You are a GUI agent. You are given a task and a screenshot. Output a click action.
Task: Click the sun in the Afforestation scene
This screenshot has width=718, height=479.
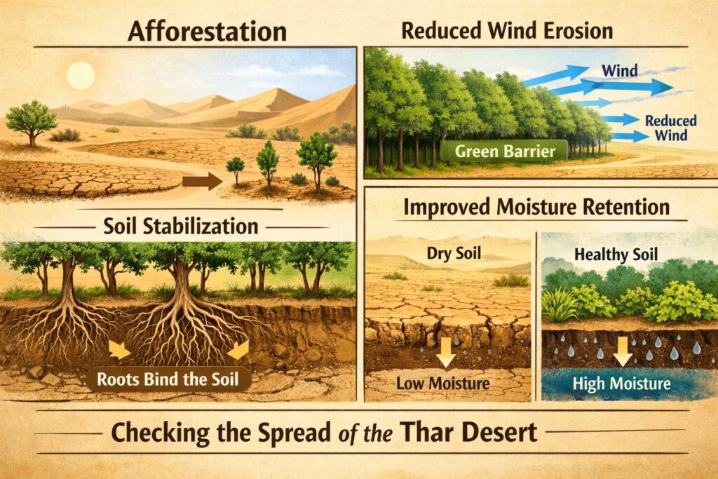click(81, 75)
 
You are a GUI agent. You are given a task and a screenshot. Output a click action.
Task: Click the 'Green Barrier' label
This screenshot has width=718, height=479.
click(500, 149)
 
